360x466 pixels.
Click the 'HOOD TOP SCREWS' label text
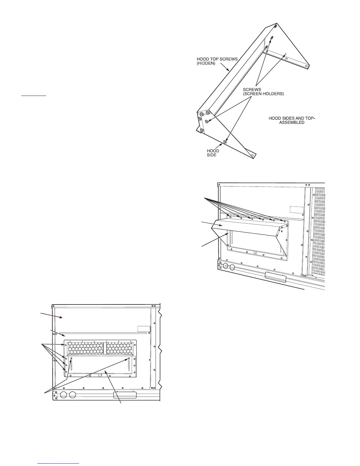click(217, 59)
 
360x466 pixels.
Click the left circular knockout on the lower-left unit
click(63, 395)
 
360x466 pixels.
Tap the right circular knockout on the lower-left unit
click(72, 395)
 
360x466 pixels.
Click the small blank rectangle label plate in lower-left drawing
click(144, 329)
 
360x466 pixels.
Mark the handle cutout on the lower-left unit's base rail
click(125, 395)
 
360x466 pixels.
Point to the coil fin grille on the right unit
click(318, 229)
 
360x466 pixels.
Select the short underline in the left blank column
click(34, 96)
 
